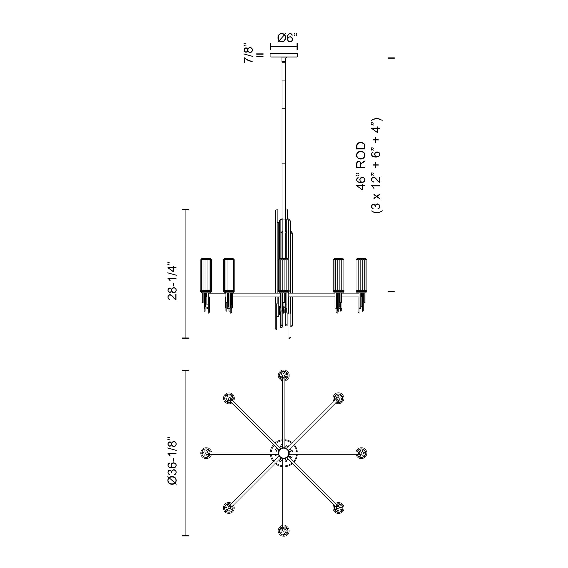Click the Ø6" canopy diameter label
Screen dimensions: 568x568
pos(287,38)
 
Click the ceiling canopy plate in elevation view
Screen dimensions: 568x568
pos(284,55)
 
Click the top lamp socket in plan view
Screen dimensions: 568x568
pos(284,375)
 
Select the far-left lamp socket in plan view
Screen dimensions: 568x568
pos(206,453)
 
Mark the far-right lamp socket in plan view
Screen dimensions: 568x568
pos(361,453)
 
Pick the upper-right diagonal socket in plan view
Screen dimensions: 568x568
pos(338,398)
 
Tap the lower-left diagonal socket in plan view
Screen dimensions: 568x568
pos(229,508)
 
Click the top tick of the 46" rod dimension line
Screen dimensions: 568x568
pos(391,58)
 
